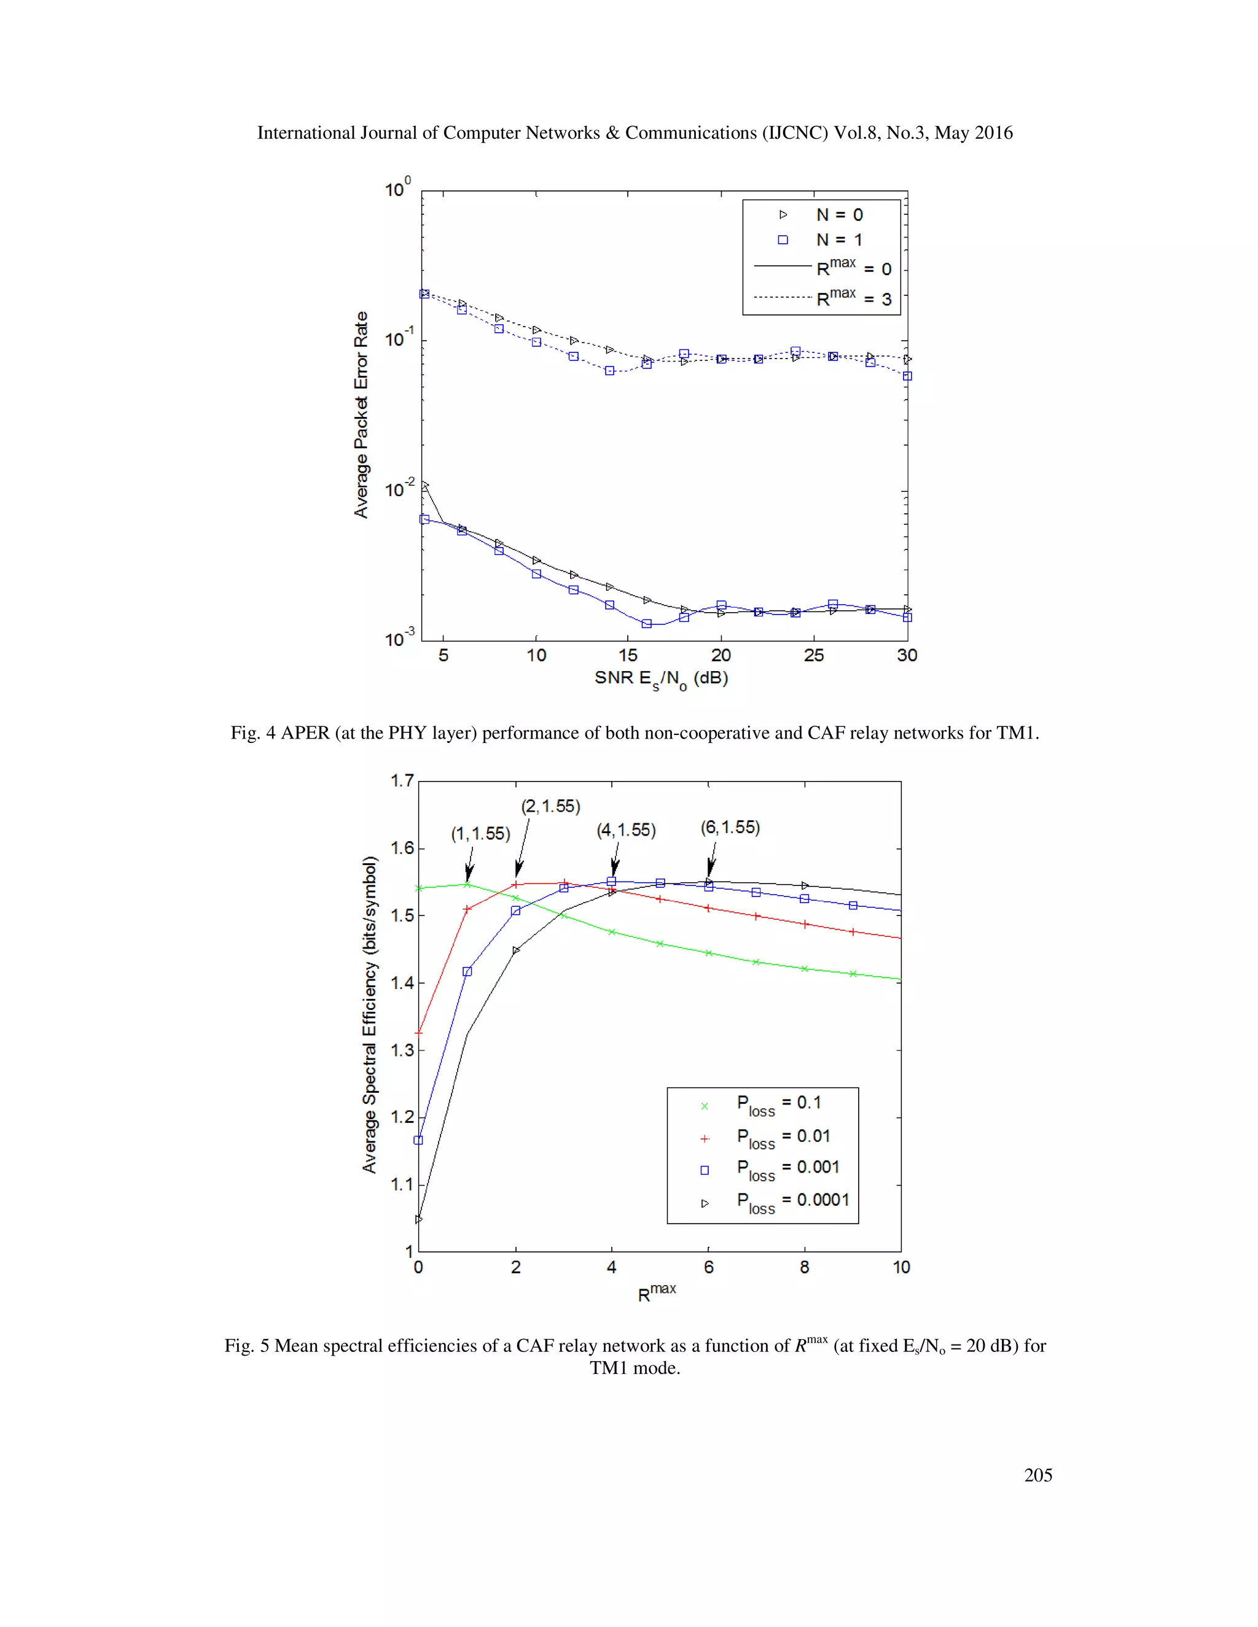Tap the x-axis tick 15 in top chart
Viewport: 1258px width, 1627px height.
[x=628, y=656]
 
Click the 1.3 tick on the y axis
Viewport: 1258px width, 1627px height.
[x=402, y=1050]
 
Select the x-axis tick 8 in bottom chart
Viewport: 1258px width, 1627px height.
[x=805, y=1267]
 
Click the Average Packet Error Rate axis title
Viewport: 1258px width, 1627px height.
[x=361, y=415]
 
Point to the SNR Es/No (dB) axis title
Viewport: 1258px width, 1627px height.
[x=661, y=678]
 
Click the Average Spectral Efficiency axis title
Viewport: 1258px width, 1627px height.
[x=370, y=1015]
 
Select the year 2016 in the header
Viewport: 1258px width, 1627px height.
[x=995, y=133]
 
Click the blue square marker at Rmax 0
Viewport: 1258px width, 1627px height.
[x=418, y=1140]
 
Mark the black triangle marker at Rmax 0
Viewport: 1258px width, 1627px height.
[x=419, y=1219]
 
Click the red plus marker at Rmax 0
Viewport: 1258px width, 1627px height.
[x=419, y=1033]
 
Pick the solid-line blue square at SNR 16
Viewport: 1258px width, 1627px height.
[x=647, y=624]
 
